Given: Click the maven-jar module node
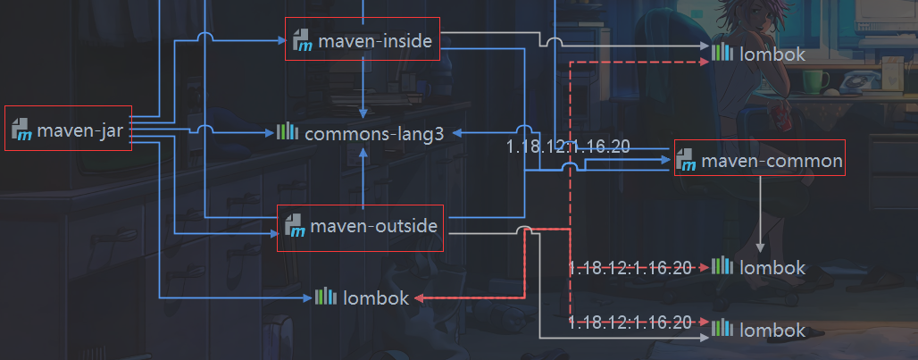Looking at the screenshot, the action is point(69,129).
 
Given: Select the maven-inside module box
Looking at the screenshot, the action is point(363,40).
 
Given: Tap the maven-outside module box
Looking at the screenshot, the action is point(361,227).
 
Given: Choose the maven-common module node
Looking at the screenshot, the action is point(759,160).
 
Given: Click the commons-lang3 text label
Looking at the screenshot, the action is point(374,134).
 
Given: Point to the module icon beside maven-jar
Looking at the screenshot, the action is point(22,130).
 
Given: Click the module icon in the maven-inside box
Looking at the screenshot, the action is point(302,41).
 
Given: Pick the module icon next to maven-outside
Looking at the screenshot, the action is point(295,228).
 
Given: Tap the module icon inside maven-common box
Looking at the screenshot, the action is point(686,161).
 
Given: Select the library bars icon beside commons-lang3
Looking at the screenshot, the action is point(287,133).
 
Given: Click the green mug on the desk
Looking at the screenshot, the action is point(814,81).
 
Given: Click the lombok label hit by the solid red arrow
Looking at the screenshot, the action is point(375,298).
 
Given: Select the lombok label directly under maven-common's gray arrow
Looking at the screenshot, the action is point(772,267).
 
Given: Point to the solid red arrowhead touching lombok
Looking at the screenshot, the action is point(418,298).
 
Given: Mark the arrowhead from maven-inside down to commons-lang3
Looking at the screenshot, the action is point(363,113).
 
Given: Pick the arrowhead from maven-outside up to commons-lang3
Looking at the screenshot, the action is point(363,152).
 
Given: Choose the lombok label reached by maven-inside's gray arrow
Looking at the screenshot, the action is point(772,54).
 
